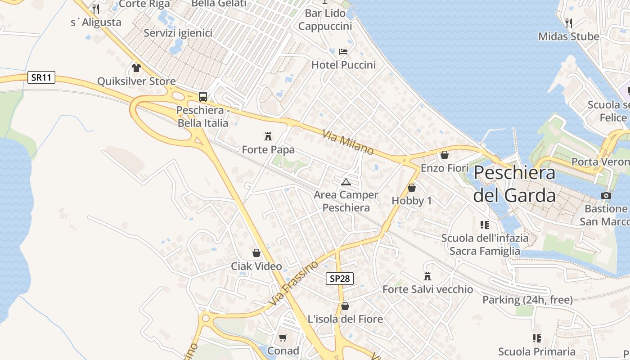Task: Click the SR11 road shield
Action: (x=41, y=77)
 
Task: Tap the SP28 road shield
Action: (x=339, y=279)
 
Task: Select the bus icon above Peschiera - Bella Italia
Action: (x=203, y=96)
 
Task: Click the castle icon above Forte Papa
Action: (x=269, y=135)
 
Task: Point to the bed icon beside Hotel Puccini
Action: (x=343, y=51)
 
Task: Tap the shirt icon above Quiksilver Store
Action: (x=136, y=68)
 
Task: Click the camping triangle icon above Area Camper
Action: (x=346, y=182)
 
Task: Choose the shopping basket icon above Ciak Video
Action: (x=256, y=253)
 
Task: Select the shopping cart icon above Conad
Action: (x=283, y=337)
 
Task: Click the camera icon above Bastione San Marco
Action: (x=606, y=195)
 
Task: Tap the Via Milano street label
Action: (x=348, y=142)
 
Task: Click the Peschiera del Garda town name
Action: (x=514, y=184)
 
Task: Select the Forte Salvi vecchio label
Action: (x=427, y=289)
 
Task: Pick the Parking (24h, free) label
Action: (x=527, y=300)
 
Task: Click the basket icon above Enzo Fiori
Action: (x=445, y=155)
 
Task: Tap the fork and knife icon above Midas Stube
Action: (x=569, y=23)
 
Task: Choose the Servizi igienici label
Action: (x=178, y=33)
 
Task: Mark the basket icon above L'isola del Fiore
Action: (x=345, y=306)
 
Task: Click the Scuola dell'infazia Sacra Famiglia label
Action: (x=485, y=244)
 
